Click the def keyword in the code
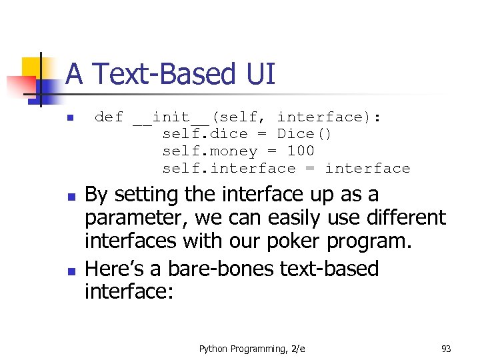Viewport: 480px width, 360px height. [109, 117]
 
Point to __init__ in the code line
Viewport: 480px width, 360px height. [171, 117]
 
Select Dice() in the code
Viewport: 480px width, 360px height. [304, 134]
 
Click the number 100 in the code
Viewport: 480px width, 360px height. [300, 151]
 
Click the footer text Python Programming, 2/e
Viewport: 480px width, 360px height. [252, 348]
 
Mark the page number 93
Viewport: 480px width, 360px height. [446, 348]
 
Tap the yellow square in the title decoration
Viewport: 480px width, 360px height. [31, 67]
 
